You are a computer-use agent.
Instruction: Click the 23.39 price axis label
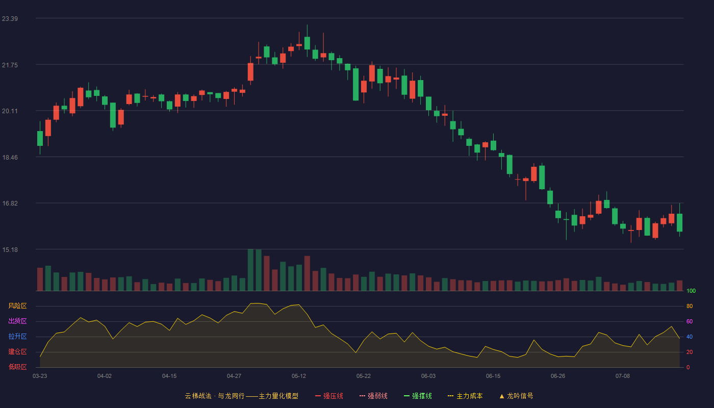[x=10, y=19]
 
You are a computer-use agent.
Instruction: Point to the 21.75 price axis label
[x=10, y=65]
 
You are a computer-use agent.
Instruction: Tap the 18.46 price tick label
[x=10, y=158]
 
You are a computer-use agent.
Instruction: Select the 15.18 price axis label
[x=10, y=249]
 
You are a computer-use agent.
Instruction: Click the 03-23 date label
[x=40, y=376]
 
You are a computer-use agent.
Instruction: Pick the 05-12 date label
[x=299, y=376]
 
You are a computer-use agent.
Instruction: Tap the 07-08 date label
[x=623, y=376]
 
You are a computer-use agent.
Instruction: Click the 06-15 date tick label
[x=493, y=376]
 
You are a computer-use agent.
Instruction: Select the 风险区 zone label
[x=17, y=306]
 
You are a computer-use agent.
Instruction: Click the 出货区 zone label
[x=17, y=321]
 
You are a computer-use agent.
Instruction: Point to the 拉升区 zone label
[x=17, y=336]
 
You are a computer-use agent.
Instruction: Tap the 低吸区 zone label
[x=17, y=367]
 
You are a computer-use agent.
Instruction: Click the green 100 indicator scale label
[x=691, y=291]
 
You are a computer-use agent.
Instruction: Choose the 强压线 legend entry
[x=329, y=396]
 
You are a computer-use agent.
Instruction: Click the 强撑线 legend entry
[x=418, y=396]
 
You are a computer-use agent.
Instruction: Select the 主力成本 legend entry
[x=465, y=396]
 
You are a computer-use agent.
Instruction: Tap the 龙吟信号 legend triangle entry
[x=516, y=396]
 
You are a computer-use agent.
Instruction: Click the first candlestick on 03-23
[x=40, y=138]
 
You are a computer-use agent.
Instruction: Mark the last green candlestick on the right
[x=679, y=222]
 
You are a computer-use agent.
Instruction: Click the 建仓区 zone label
[x=17, y=351]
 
